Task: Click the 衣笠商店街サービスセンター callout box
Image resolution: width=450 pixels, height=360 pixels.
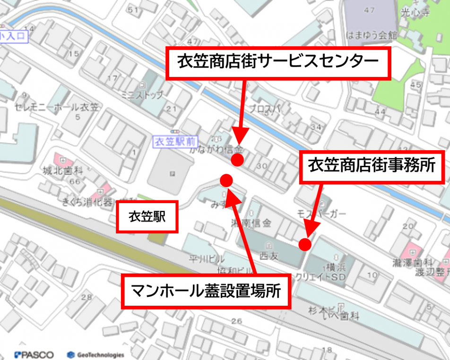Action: coord(278,62)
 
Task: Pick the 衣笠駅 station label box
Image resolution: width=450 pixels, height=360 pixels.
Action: coord(147,217)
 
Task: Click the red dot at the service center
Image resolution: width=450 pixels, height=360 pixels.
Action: coord(237,160)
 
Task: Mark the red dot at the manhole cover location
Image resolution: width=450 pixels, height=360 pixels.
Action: coord(226,180)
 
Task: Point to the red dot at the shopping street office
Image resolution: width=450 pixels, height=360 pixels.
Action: coord(305,244)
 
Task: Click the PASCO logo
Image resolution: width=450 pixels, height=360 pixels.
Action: coord(34,354)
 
